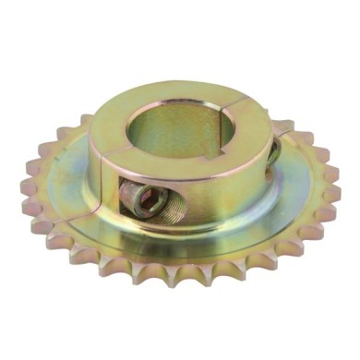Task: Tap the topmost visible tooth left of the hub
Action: click(83, 121)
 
